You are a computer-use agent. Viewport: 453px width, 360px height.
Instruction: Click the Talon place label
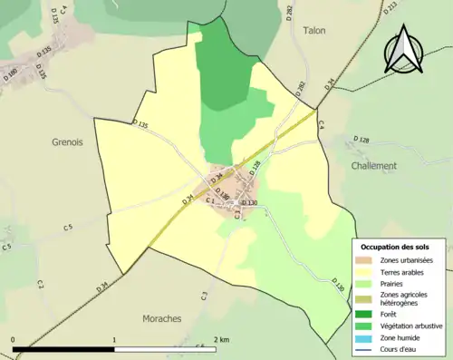click(313, 29)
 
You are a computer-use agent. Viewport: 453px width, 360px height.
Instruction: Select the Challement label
click(373, 165)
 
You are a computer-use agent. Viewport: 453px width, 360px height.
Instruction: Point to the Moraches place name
click(163, 318)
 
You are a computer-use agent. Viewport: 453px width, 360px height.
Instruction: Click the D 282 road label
click(302, 91)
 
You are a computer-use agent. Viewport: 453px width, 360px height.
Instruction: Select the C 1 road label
click(211, 199)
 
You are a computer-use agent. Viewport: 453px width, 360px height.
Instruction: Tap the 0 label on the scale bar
click(13, 339)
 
